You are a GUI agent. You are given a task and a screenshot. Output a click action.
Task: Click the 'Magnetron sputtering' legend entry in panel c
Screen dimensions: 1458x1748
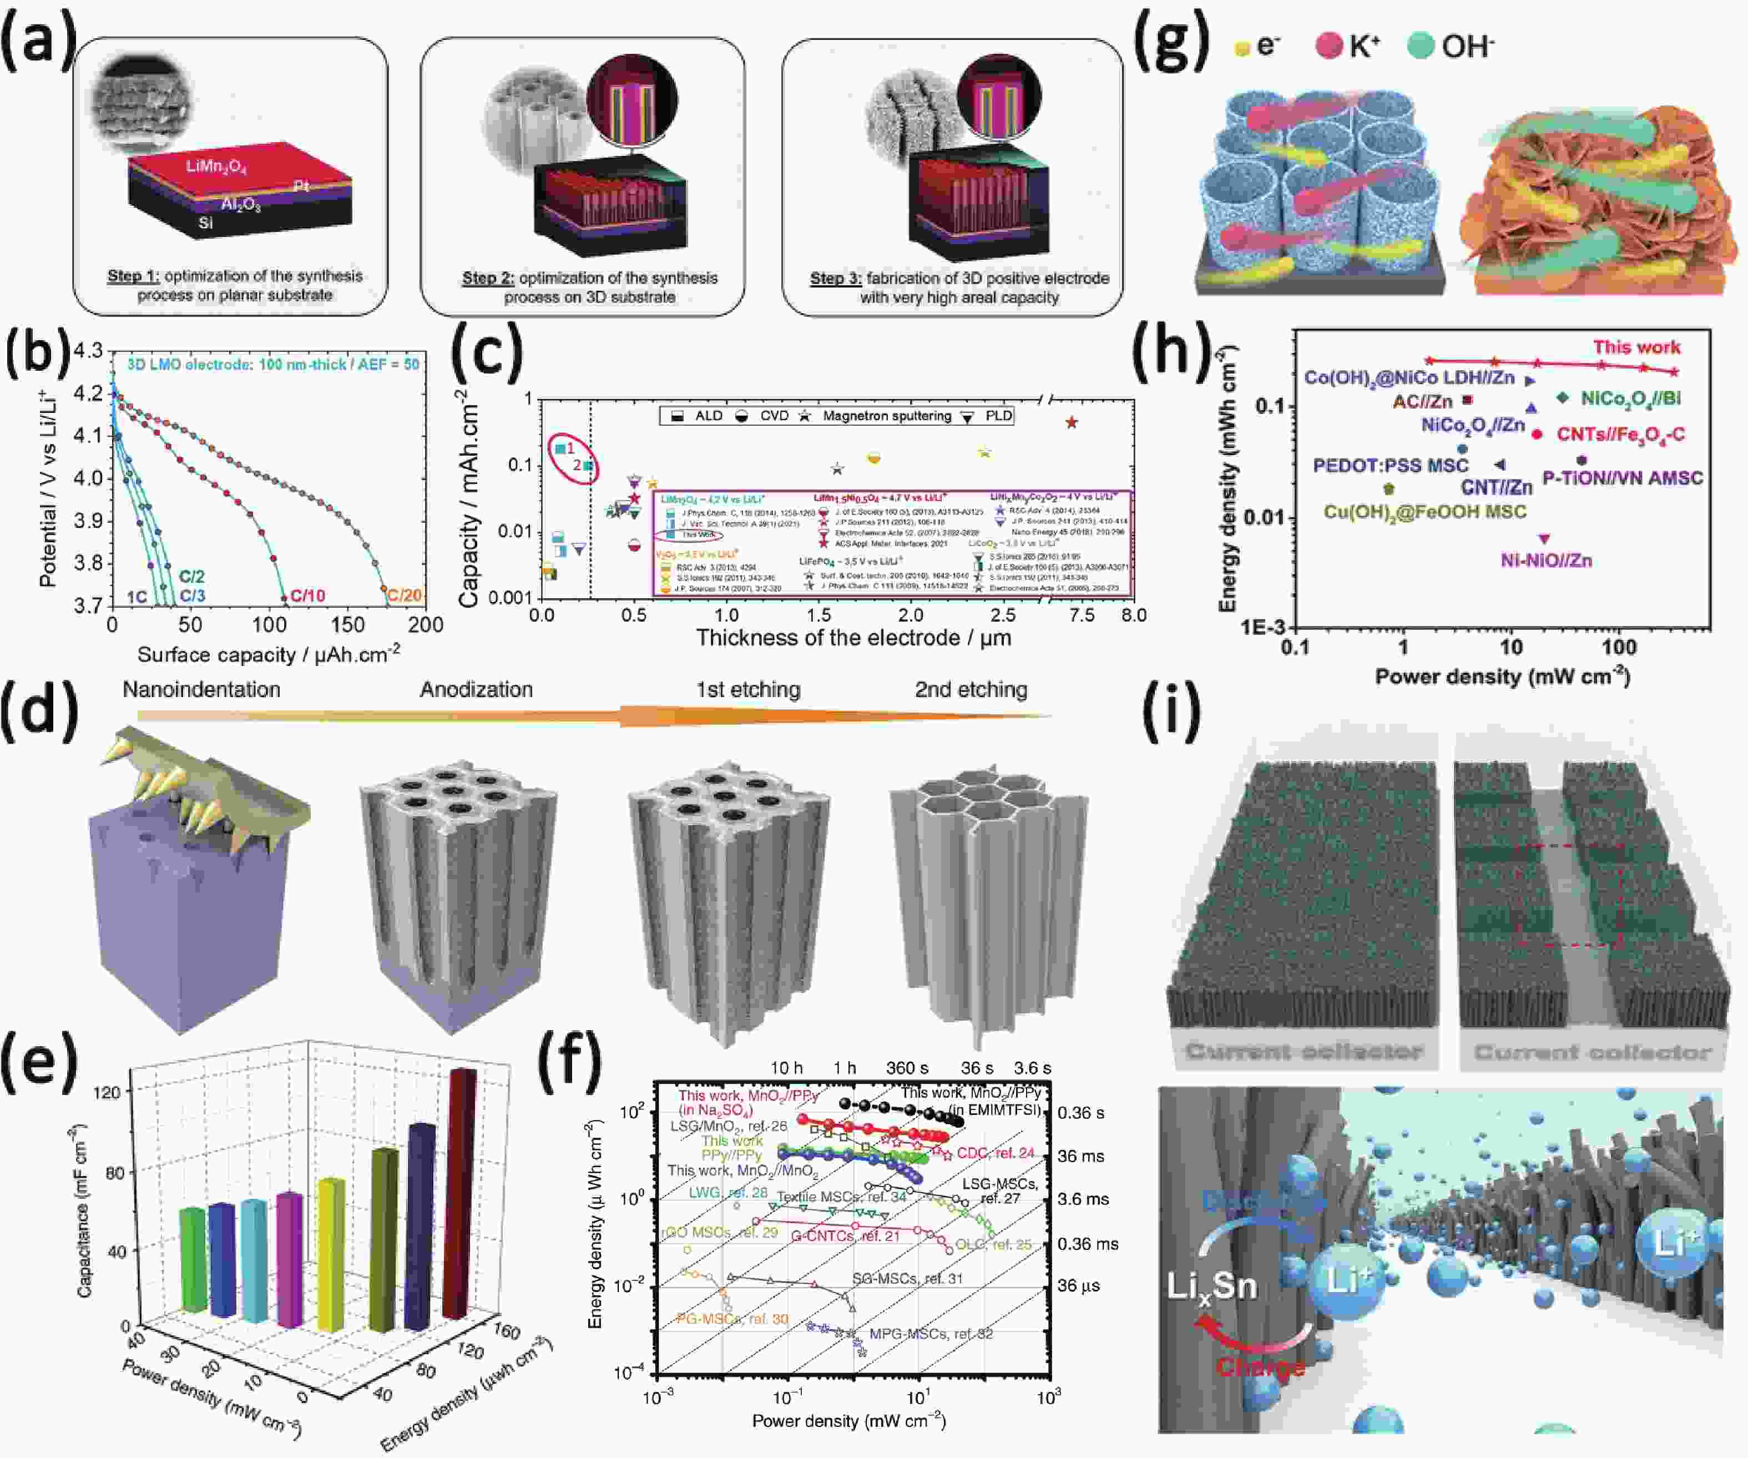(x=887, y=416)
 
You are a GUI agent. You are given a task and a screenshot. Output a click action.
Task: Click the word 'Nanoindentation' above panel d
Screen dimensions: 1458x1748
(x=201, y=689)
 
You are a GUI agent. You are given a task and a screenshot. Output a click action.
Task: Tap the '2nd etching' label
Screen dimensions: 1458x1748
(x=971, y=689)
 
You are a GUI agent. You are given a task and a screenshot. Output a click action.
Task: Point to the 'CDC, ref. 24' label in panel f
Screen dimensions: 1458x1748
(x=996, y=1152)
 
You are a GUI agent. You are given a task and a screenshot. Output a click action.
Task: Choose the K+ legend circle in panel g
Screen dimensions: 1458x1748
(x=1330, y=46)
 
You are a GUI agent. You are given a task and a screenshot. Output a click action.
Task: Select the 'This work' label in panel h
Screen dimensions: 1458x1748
(x=1636, y=347)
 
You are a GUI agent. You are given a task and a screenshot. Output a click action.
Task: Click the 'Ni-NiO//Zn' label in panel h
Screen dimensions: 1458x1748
(x=1546, y=561)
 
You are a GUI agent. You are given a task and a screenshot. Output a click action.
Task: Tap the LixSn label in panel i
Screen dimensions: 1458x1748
(x=1211, y=1287)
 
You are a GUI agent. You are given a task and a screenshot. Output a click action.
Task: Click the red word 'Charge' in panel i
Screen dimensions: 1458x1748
(x=1260, y=1366)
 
